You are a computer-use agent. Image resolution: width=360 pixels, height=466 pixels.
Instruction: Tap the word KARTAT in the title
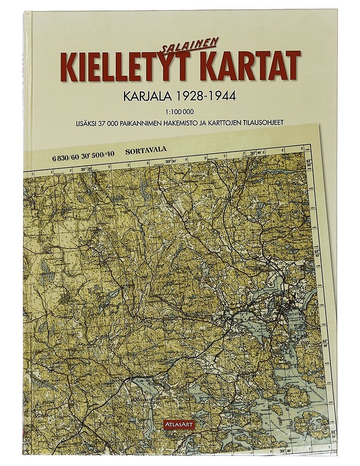pyautogui.click(x=248, y=65)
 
